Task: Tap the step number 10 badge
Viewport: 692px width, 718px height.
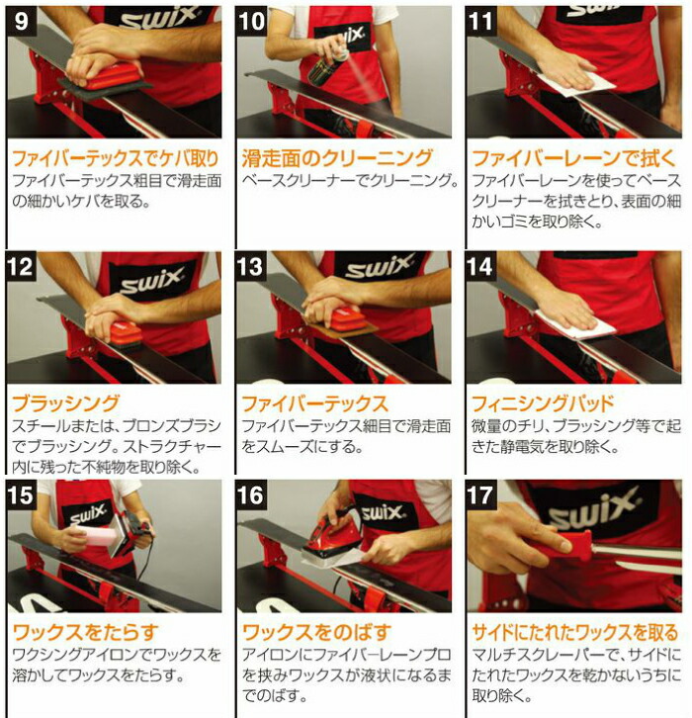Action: click(x=251, y=19)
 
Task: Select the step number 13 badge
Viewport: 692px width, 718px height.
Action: click(x=251, y=265)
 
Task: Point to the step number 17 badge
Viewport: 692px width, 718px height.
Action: click(x=481, y=495)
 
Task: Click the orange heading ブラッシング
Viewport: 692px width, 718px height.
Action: click(x=65, y=404)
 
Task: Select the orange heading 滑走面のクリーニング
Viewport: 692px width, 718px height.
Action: click(x=337, y=158)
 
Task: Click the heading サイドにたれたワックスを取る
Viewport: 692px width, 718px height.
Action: click(x=573, y=633)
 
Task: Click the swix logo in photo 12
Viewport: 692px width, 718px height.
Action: click(x=148, y=278)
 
